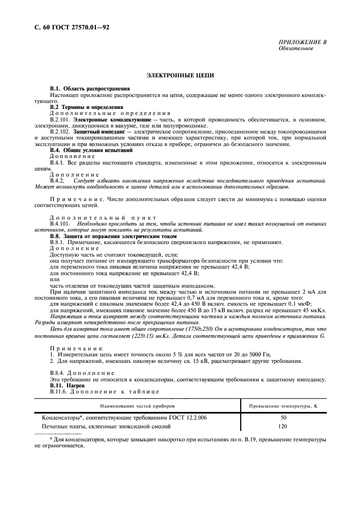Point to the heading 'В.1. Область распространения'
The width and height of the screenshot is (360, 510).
pos(90,88)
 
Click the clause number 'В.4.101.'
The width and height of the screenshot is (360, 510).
pos(60,223)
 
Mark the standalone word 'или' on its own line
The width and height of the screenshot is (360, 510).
pos(54,279)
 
